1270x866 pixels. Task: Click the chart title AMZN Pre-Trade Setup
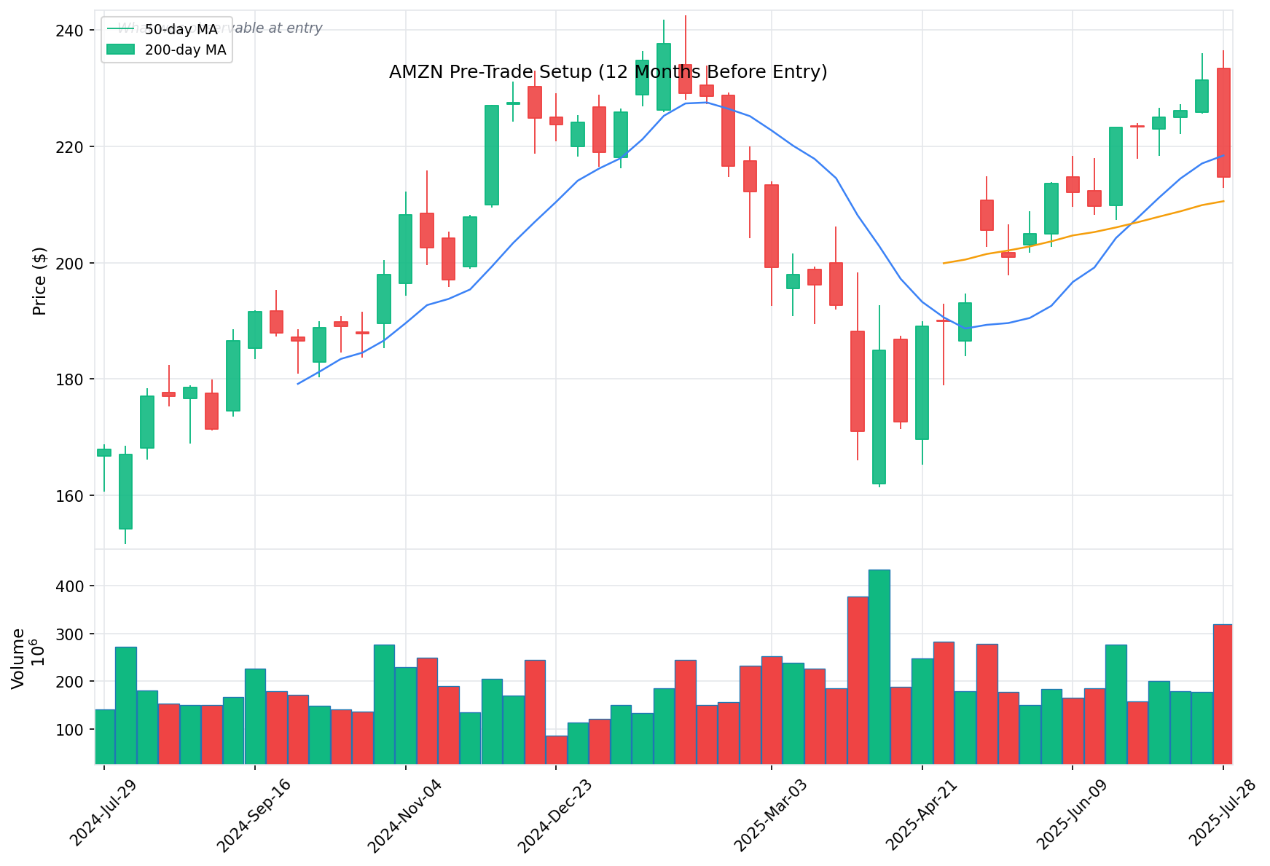[608, 72]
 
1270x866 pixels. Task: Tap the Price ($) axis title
[40, 281]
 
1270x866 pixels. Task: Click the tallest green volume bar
[879, 666]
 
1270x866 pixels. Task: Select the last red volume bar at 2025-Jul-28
[1223, 693]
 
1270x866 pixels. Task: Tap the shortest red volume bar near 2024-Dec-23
[556, 749]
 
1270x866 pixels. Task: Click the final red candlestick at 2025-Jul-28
[1223, 122]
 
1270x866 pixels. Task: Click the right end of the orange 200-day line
[1223, 201]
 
